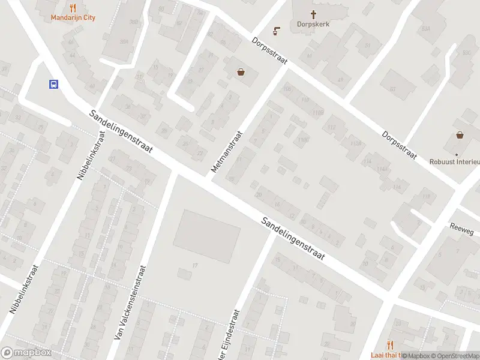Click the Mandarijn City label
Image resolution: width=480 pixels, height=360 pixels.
(x=73, y=17)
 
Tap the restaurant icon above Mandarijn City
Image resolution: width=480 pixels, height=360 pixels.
(x=73, y=8)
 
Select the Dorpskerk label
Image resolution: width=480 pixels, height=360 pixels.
(x=313, y=25)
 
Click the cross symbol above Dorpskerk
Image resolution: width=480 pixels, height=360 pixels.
(x=313, y=14)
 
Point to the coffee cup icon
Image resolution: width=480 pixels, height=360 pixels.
(x=277, y=30)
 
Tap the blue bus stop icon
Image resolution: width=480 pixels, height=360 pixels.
(x=53, y=85)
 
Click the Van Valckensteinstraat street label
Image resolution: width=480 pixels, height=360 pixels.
(x=130, y=301)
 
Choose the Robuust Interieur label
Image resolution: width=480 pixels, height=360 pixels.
(x=455, y=161)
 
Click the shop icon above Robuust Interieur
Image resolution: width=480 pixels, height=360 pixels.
(x=460, y=135)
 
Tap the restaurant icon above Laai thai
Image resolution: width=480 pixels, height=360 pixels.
(x=391, y=344)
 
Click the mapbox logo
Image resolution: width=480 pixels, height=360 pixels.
(x=26, y=353)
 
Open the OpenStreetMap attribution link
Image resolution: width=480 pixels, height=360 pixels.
(x=455, y=356)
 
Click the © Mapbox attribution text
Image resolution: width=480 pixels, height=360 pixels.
(x=416, y=356)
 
